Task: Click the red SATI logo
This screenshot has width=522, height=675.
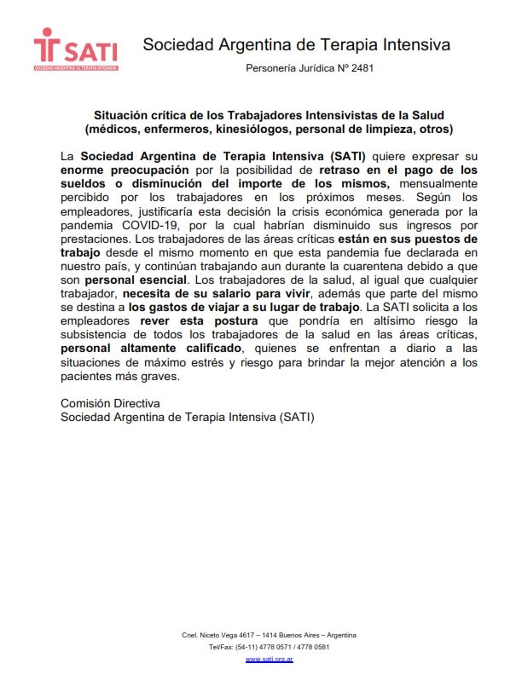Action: click(x=75, y=49)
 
